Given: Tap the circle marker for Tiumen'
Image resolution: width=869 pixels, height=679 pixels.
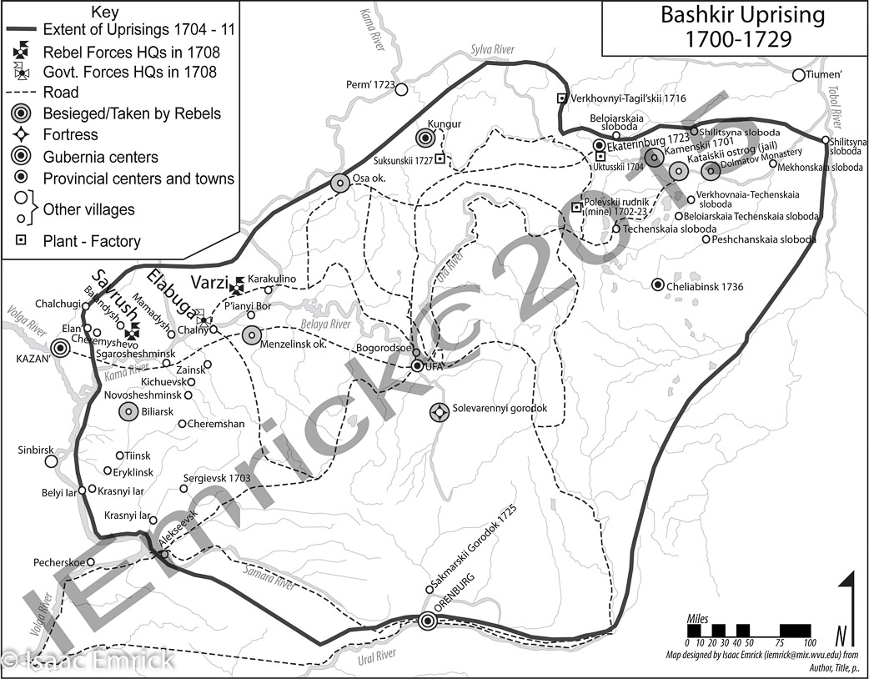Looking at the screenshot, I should pos(798,75).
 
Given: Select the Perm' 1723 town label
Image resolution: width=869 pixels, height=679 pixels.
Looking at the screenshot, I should pos(368,85).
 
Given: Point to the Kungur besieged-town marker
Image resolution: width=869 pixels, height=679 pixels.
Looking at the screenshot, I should pos(428,138).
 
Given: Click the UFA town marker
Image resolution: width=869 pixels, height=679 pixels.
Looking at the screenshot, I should pos(417,365).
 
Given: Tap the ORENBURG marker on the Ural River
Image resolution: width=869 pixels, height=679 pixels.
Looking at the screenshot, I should pos(428,621).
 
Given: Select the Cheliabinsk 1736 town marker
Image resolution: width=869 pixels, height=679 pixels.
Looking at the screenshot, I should pos(658,285).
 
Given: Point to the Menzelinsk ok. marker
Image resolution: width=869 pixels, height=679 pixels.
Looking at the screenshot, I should pos(252,335).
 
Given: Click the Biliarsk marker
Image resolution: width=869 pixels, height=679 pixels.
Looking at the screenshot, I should pos(128,410).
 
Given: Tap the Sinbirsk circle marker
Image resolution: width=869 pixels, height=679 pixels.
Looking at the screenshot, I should pos(51,460).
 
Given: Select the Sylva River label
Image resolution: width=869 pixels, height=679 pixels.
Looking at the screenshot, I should pos(491,50).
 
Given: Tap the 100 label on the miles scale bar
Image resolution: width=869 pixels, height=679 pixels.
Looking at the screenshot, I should pos(808,642).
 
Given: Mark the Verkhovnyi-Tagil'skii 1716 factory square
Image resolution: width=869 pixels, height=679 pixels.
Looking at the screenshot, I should pos(562,99).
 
